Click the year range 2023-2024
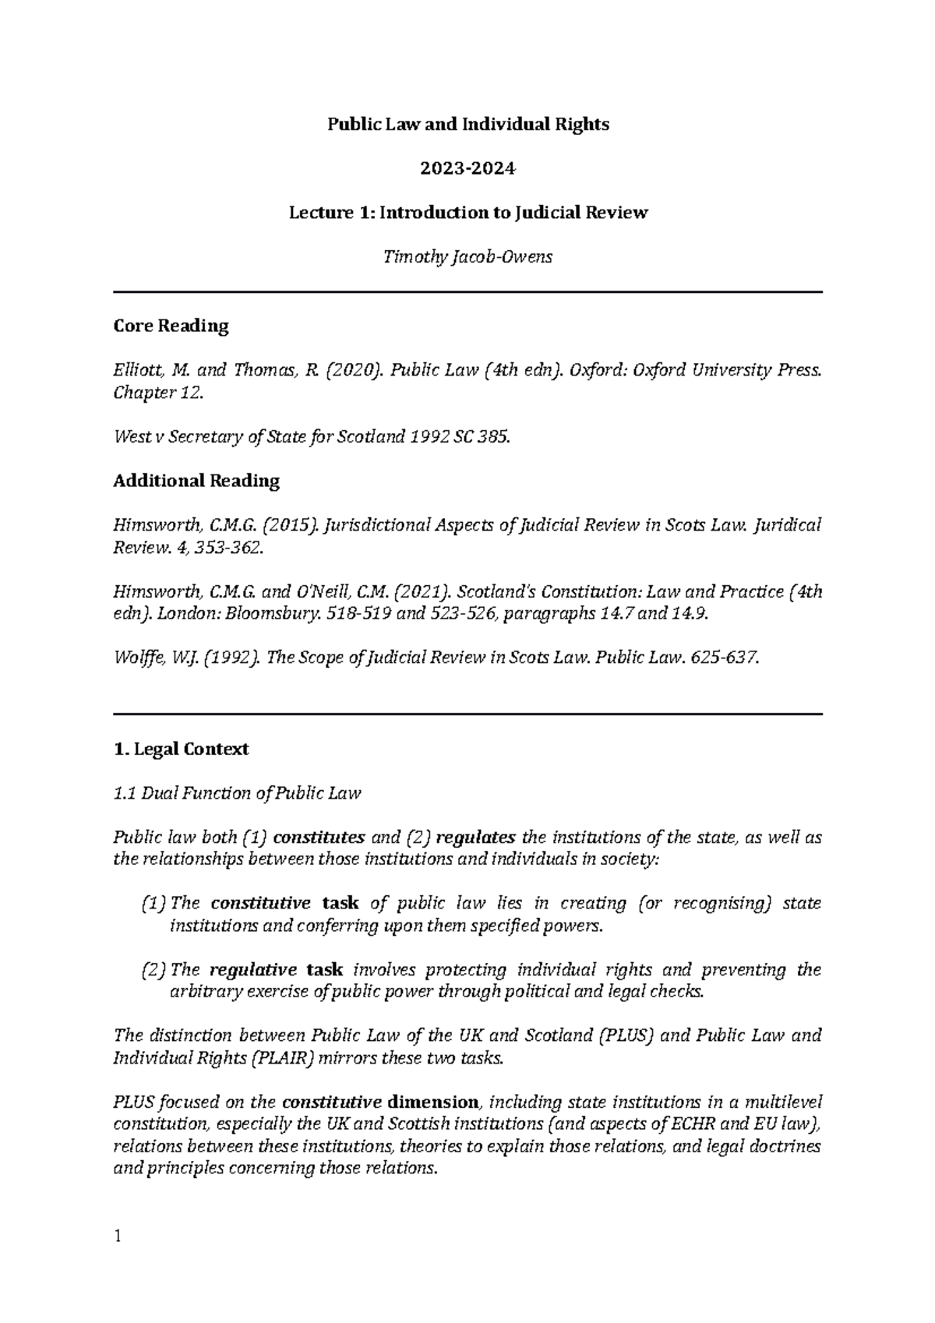[467, 168]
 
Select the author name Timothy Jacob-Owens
[467, 258]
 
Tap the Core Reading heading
[171, 326]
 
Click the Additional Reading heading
[196, 481]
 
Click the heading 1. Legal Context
[181, 750]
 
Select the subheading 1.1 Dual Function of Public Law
[237, 794]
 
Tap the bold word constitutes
[319, 838]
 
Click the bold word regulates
[476, 838]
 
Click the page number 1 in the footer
[117, 1236]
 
